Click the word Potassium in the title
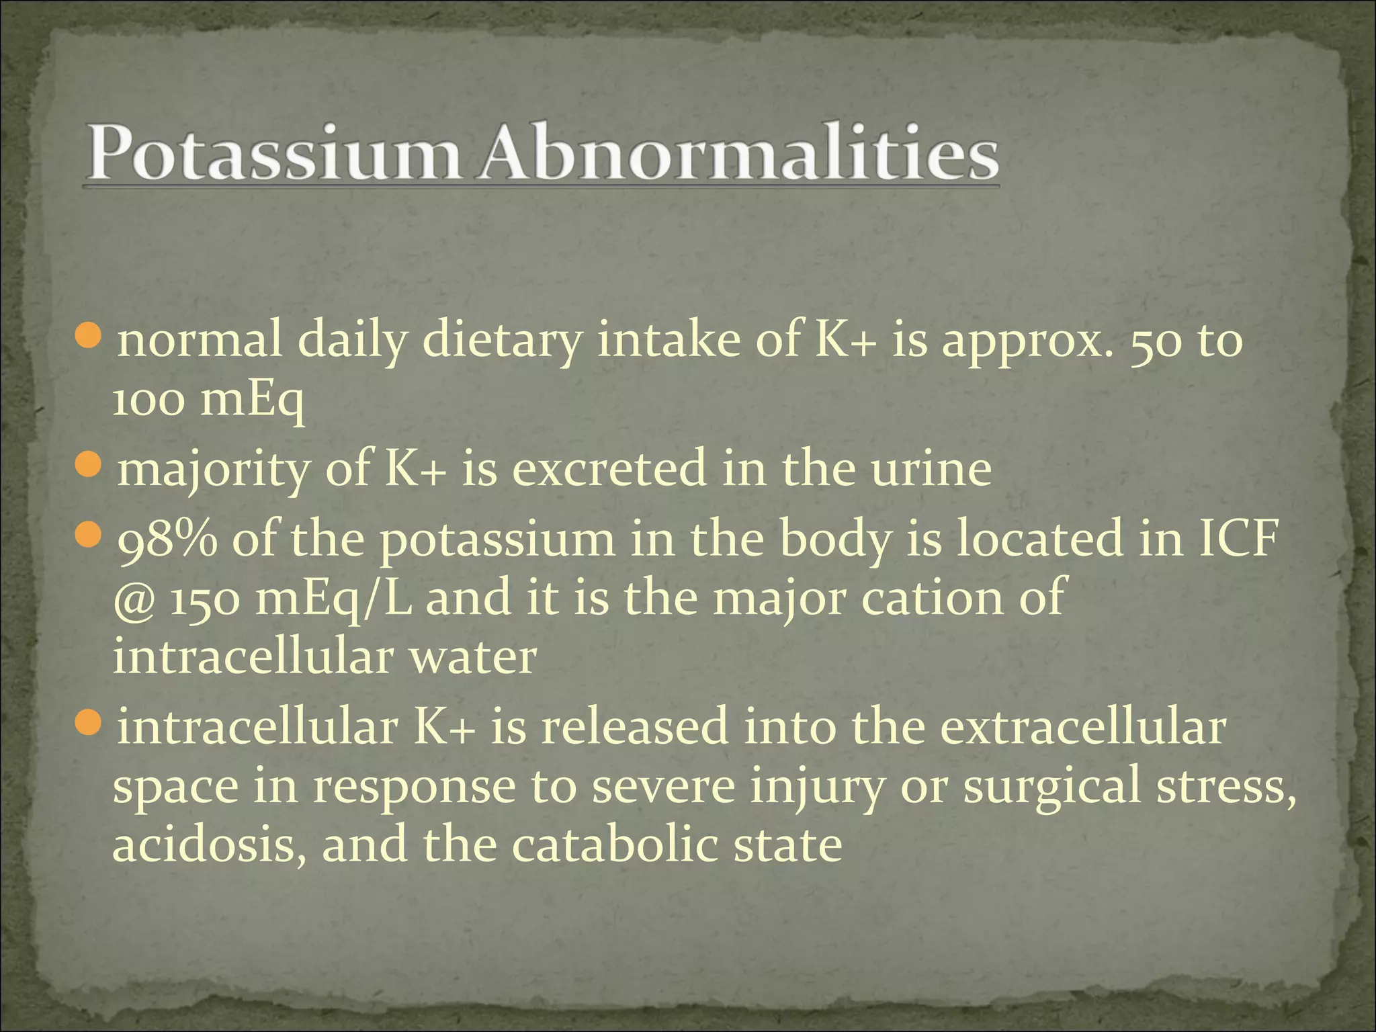coord(272,156)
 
